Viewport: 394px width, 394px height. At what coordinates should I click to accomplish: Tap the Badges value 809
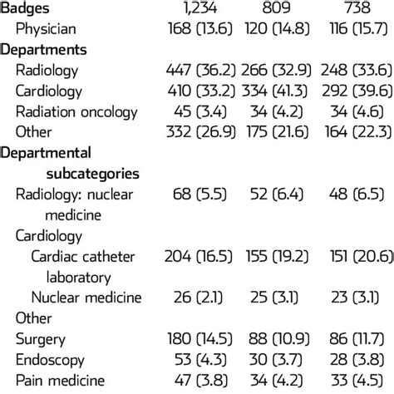coord(278,9)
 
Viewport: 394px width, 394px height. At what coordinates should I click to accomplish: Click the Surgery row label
coord(41,337)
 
